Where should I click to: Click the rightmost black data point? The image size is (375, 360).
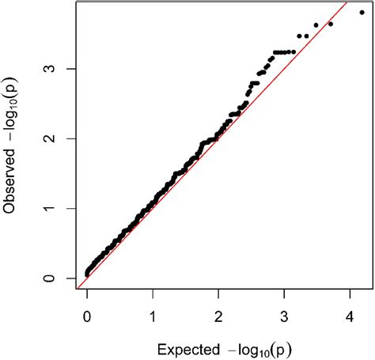tap(362, 13)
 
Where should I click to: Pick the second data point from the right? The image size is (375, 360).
tap(331, 24)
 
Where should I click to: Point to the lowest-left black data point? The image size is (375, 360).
tap(87, 275)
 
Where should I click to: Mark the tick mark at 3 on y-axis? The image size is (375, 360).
tap(74, 69)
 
